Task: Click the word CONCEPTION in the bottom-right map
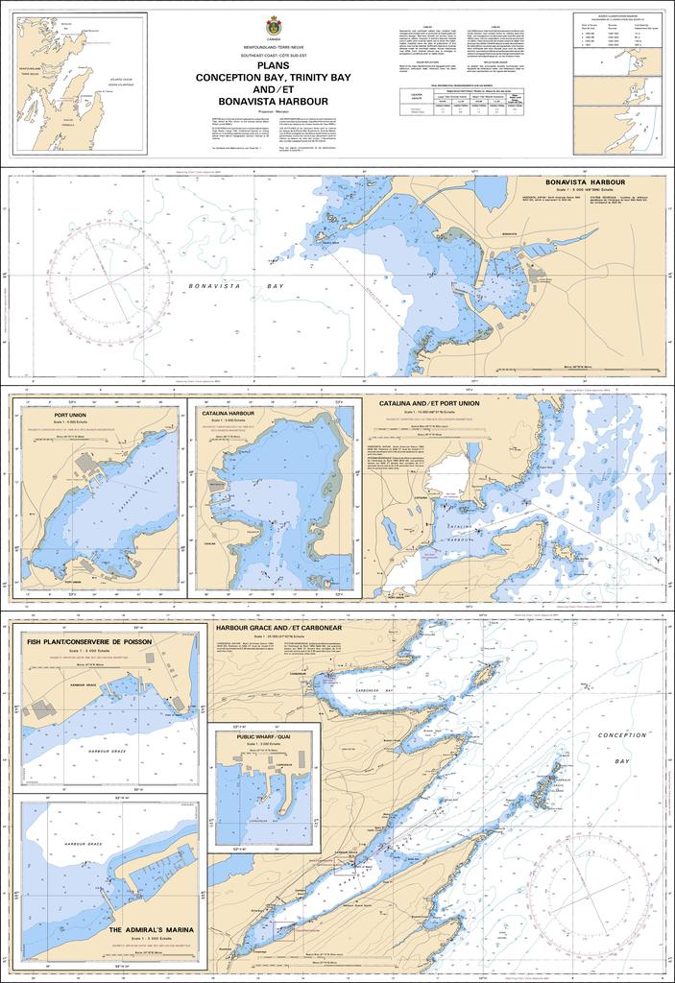click(x=621, y=735)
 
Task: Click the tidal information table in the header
click(x=466, y=102)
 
